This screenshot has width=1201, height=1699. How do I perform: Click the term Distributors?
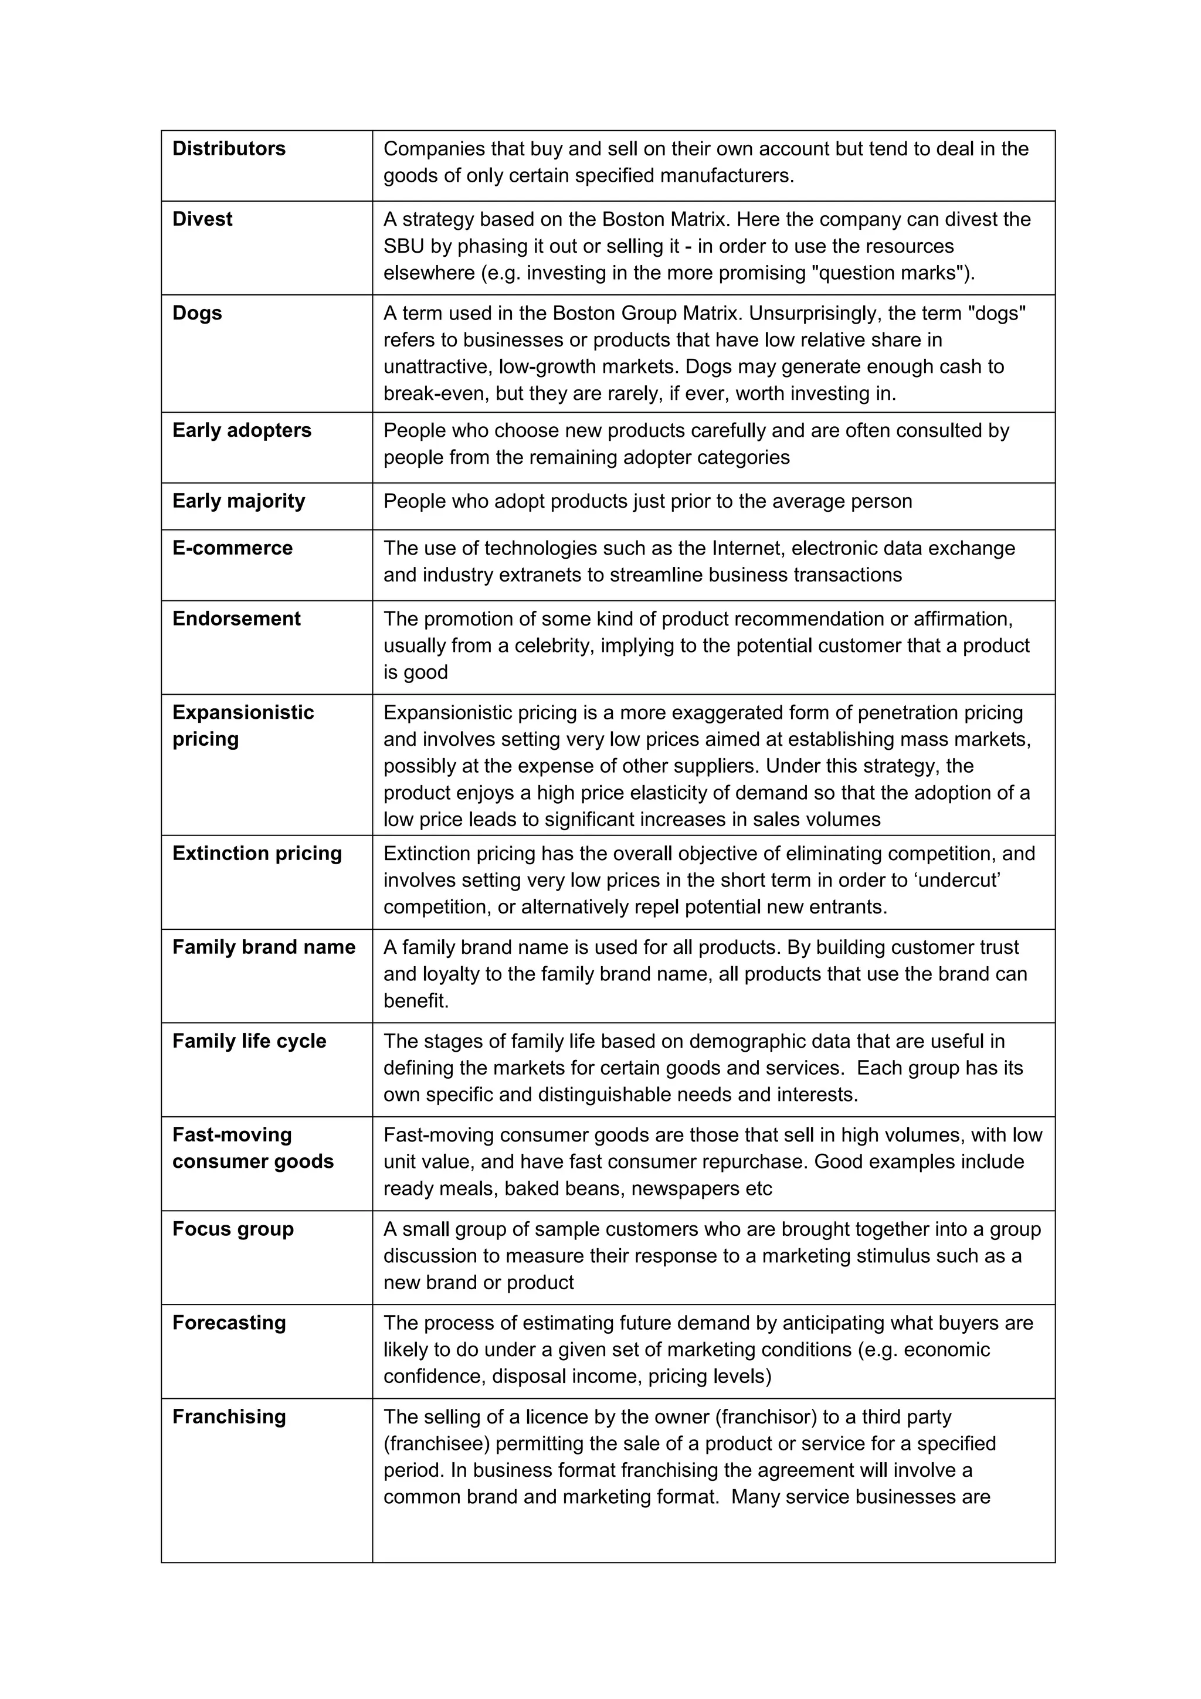coord(229,149)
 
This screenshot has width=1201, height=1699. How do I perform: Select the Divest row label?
coord(202,219)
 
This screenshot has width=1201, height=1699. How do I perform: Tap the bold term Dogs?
coord(197,313)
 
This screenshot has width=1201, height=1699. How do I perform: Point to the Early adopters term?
coord(241,431)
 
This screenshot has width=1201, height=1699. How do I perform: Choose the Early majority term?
coord(238,501)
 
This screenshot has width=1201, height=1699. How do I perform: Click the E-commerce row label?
coord(232,548)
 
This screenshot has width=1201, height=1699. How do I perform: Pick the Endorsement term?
coord(236,619)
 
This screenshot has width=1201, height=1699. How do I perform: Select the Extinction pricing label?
coord(257,853)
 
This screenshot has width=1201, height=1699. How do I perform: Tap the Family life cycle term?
coord(249,1041)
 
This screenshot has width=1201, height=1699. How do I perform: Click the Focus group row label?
coord(232,1229)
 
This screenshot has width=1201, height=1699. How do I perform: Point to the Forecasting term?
coord(229,1323)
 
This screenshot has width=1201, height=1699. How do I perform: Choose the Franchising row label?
coord(229,1416)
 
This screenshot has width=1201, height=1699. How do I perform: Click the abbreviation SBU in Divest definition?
coord(404,246)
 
